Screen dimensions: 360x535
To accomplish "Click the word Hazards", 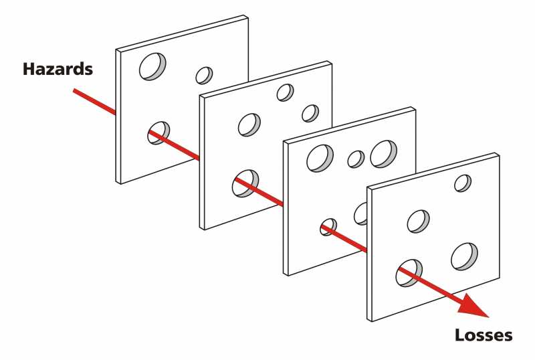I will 58,69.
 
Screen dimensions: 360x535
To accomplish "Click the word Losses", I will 484,335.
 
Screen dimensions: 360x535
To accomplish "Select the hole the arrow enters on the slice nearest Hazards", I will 159,132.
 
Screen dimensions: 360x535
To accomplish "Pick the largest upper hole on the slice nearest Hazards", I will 153,66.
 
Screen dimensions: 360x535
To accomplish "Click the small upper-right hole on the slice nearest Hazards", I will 204,75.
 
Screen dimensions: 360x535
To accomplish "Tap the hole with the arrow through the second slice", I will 245,183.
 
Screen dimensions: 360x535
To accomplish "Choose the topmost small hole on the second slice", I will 286,92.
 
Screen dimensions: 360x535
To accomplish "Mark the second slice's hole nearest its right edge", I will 310,113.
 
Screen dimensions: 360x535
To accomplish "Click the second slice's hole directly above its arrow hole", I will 249,124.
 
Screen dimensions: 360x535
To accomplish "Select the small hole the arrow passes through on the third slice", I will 328,227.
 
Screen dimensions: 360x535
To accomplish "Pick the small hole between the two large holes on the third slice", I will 356,159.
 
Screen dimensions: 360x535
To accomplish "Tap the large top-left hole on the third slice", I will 319,157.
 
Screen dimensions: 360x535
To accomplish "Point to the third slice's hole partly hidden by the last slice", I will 360,213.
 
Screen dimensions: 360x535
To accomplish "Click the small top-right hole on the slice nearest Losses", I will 463,183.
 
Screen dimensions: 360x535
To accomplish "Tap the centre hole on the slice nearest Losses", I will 419,221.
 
